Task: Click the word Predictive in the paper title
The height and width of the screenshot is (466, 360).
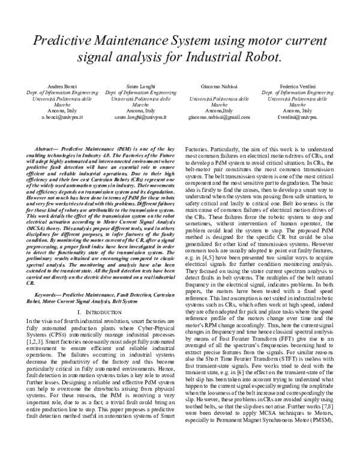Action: [62, 41]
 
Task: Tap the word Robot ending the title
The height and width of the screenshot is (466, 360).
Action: [262, 58]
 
